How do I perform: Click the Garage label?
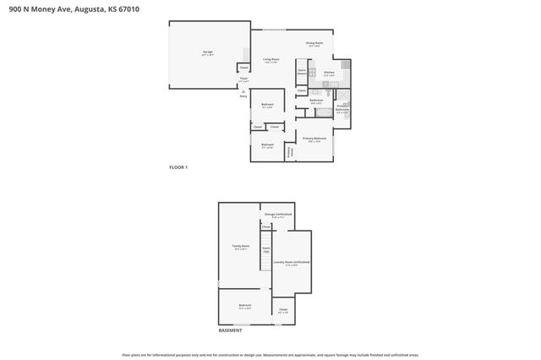coord(207,52)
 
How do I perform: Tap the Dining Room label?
coord(314,43)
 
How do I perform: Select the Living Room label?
coord(271,59)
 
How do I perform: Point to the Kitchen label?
coord(330,73)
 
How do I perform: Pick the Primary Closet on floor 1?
coord(290,152)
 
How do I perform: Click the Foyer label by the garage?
coord(243,79)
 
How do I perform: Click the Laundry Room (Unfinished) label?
coord(291,263)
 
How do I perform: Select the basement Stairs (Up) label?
coord(265,249)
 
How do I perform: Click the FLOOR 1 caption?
coord(178,167)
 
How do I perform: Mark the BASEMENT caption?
coord(231,330)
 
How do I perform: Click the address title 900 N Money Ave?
coord(69,8)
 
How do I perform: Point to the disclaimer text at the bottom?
coord(270,355)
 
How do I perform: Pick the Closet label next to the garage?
coord(243,67)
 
